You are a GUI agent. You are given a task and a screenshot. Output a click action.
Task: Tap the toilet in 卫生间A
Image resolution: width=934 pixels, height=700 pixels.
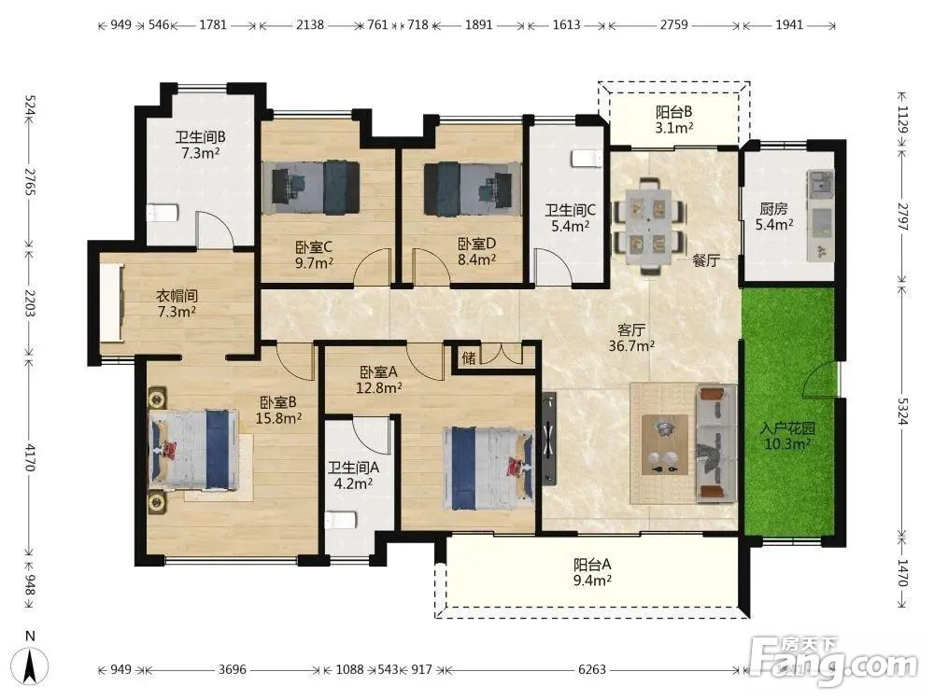(341, 520)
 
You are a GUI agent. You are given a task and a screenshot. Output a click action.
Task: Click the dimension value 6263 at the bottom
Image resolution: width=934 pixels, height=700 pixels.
(592, 669)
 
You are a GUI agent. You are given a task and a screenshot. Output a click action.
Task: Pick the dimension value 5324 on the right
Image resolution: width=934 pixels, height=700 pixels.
(903, 412)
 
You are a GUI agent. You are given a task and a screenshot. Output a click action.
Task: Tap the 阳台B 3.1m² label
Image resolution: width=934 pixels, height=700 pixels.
(674, 119)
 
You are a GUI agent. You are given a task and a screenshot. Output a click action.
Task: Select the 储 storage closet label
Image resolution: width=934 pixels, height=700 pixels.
(469, 357)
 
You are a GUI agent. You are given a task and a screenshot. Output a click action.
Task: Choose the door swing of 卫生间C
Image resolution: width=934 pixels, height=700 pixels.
(553, 267)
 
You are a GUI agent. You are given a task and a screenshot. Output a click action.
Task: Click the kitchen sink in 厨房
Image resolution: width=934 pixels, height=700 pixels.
(821, 183)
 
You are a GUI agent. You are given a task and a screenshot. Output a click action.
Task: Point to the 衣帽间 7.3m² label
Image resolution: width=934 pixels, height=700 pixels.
(177, 303)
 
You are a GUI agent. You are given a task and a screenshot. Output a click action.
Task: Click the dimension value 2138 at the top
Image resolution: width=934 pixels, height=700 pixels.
(310, 25)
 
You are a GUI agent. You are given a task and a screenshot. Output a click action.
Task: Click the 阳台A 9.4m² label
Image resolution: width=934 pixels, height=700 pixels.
(593, 572)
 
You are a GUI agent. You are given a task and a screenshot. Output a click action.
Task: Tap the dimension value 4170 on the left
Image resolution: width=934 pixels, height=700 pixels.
(30, 456)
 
